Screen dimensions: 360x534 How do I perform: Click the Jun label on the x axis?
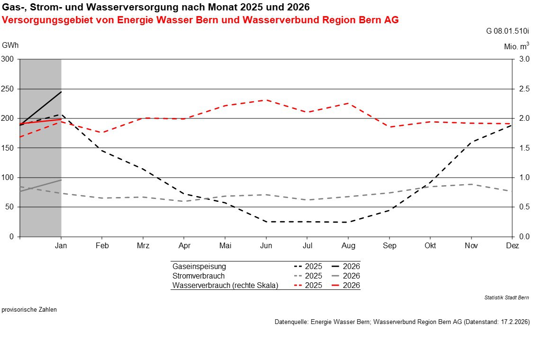click(x=266, y=246)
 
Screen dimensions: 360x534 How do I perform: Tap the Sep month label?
click(x=389, y=246)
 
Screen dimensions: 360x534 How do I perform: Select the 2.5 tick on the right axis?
click(x=524, y=89)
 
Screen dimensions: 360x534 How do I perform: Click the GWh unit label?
click(x=10, y=45)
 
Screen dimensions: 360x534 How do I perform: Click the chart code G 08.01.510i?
click(x=507, y=32)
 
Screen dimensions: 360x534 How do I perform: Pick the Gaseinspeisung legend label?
click(x=199, y=266)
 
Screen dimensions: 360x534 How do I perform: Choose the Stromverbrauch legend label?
click(x=199, y=276)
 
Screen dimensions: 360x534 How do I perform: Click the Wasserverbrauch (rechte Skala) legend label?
click(x=225, y=285)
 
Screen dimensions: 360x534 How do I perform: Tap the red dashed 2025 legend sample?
click(x=298, y=285)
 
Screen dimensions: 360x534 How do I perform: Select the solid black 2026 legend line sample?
click(x=335, y=266)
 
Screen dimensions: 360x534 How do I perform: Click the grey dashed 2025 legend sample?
click(x=298, y=276)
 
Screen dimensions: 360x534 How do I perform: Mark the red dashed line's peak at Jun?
click(x=266, y=100)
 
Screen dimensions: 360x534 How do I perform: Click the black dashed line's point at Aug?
click(x=348, y=222)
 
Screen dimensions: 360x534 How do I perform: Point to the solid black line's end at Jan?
click(x=61, y=92)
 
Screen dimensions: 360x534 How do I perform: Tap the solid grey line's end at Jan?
click(x=61, y=180)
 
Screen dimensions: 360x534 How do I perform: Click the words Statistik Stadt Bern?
click(x=507, y=297)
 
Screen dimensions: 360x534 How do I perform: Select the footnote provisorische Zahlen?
click(x=29, y=310)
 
